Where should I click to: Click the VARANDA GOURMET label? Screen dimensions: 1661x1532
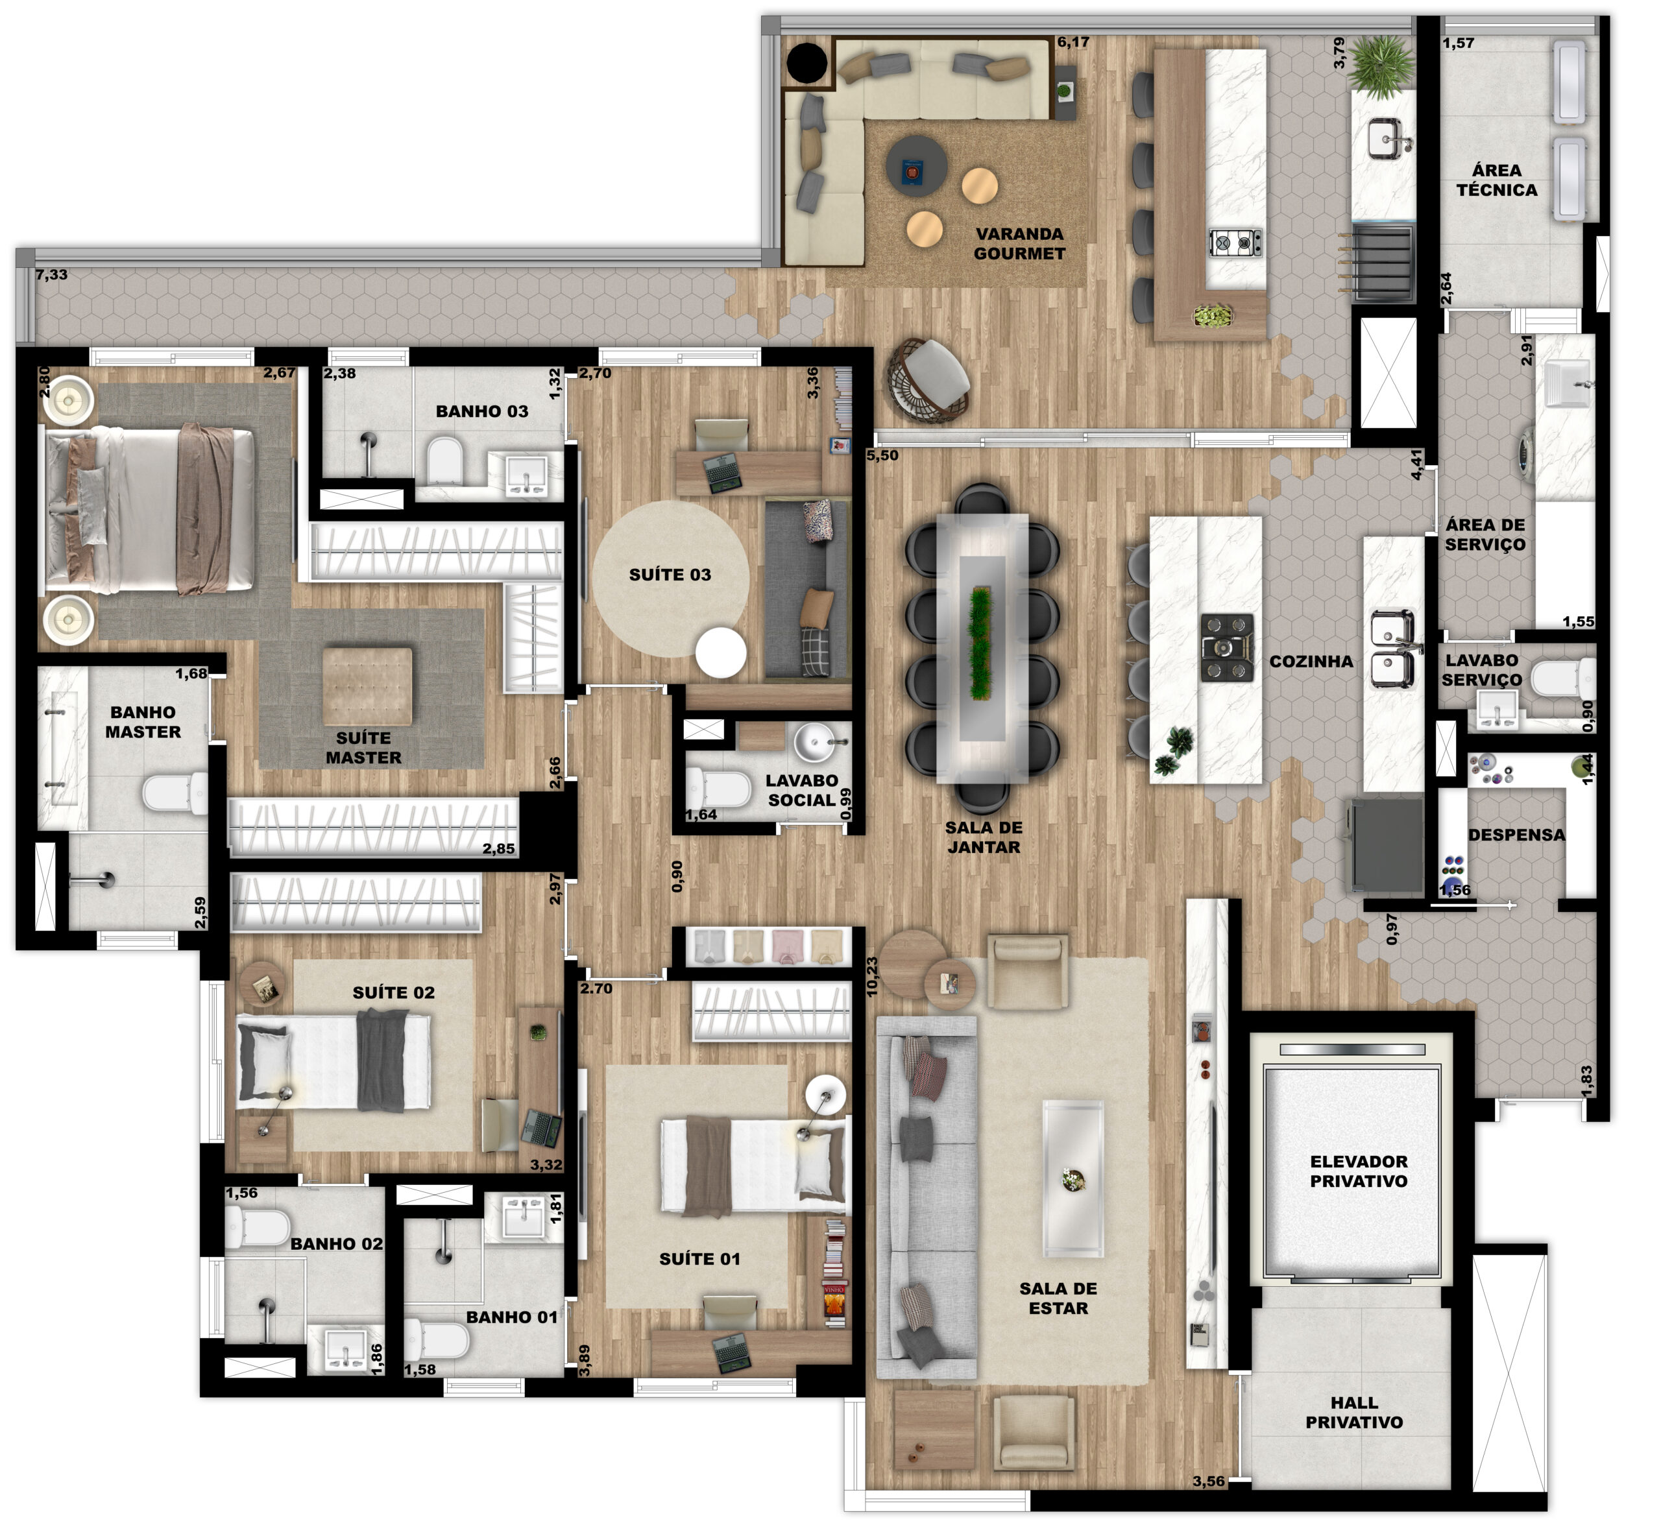point(1019,244)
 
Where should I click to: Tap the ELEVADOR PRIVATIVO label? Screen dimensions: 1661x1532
point(1358,1171)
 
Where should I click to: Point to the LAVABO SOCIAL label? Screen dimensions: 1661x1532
point(801,790)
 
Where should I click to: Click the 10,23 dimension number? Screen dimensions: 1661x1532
point(871,977)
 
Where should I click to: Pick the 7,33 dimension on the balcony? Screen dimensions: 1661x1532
point(51,275)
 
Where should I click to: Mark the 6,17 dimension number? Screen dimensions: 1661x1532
point(1073,42)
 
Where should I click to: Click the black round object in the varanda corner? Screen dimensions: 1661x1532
point(807,62)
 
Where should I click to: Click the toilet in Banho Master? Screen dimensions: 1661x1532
point(175,793)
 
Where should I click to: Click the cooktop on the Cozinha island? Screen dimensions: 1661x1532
point(1228,647)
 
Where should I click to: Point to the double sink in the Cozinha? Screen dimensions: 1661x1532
point(1392,649)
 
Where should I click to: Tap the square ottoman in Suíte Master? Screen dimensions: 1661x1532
point(367,686)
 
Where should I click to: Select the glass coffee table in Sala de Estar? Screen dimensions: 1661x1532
point(1073,1178)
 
